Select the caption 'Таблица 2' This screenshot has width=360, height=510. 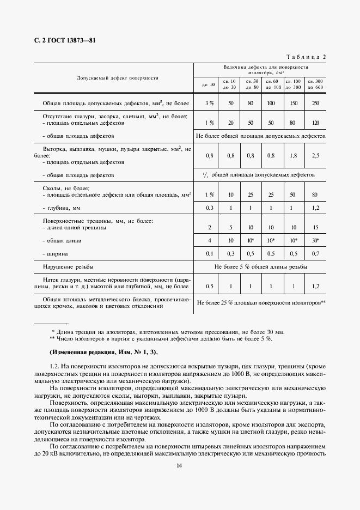pos(306,57)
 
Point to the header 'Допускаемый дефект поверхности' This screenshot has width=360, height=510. pos(117,78)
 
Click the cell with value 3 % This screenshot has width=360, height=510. pos(209,103)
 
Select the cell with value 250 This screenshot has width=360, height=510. pos(315,103)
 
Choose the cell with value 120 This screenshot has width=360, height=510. pos(315,123)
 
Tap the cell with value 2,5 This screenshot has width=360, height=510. pos(315,155)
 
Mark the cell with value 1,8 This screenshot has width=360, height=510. pos(294,155)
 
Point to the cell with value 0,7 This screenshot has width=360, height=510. pos(315,253)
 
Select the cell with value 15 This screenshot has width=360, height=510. pos(315,227)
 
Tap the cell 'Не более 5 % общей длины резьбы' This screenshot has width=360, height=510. pos(260,267)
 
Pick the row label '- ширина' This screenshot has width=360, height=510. pos(57,253)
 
